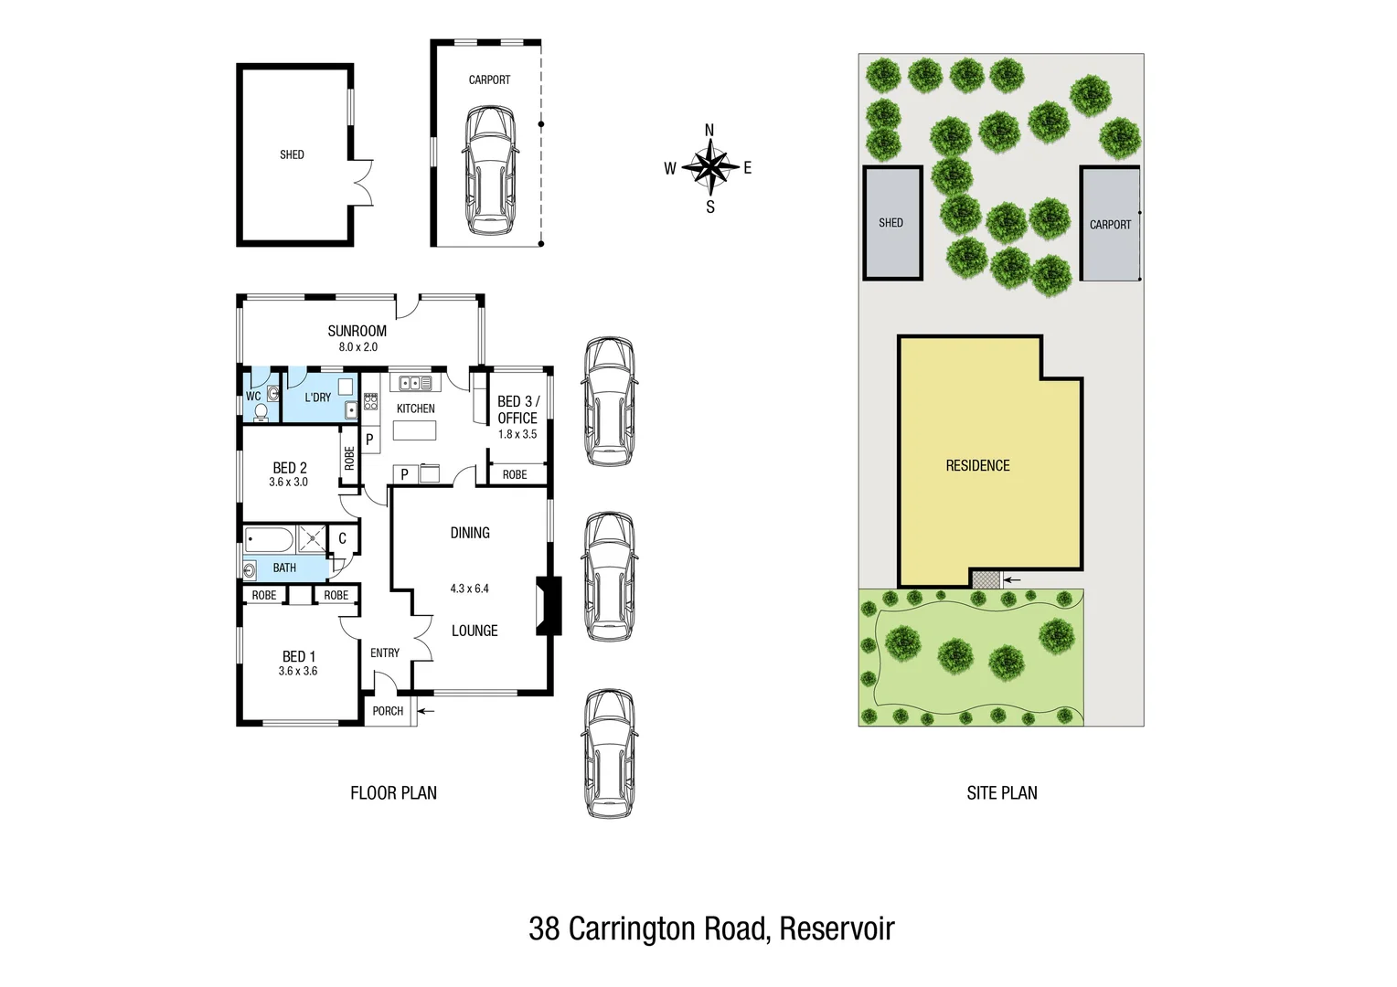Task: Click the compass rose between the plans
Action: [709, 168]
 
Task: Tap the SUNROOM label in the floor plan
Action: [357, 331]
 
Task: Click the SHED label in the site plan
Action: [890, 223]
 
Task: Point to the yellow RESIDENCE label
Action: [977, 466]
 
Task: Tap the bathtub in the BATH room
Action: [269, 539]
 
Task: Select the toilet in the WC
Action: [261, 412]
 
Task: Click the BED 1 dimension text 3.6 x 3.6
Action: [297, 671]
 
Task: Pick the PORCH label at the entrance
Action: [388, 711]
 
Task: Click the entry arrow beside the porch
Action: [427, 710]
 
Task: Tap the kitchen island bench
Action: [415, 430]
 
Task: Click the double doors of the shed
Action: [363, 181]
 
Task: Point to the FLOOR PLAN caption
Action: [393, 793]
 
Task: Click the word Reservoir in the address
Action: [837, 929]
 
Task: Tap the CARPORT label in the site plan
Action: [1110, 225]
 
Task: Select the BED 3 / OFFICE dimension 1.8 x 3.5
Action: [517, 434]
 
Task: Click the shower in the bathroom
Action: [312, 539]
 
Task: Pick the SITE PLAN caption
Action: [1001, 793]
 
